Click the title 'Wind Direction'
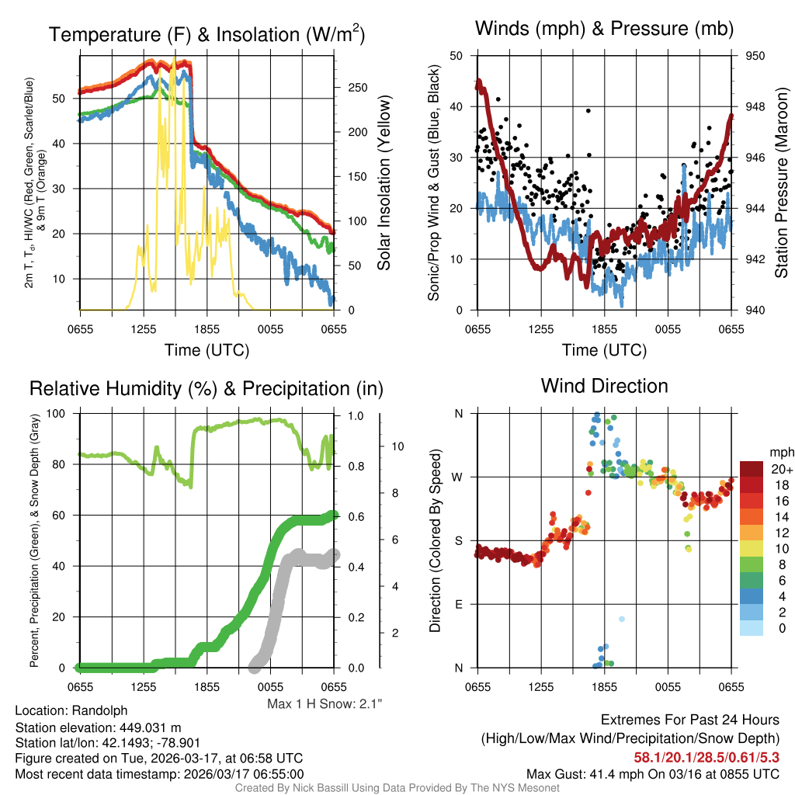coord(604,386)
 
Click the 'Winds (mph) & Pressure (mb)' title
coord(604,30)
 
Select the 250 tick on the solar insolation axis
coord(357,88)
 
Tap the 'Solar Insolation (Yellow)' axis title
coord(384,183)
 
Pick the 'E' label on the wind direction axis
coord(458,604)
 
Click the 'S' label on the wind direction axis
coord(458,540)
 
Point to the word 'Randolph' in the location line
coord(99,710)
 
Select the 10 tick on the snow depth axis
coord(397,446)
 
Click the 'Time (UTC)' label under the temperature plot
coord(207,350)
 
